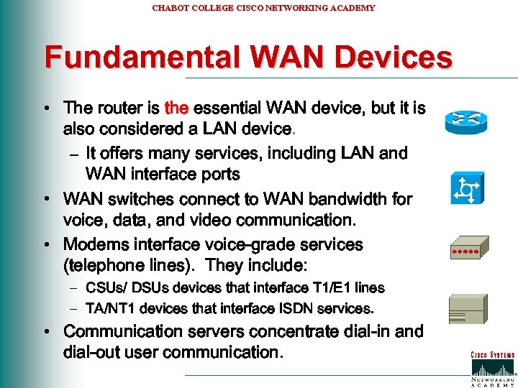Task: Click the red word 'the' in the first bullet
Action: point(176,108)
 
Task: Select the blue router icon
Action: point(466,121)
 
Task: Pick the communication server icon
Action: point(466,309)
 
